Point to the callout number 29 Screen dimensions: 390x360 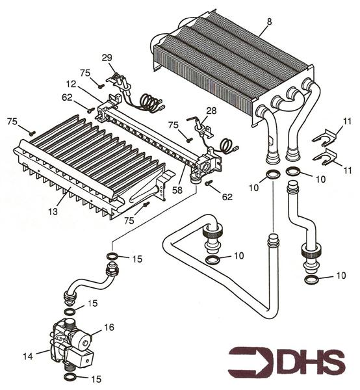(x=107, y=58)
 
